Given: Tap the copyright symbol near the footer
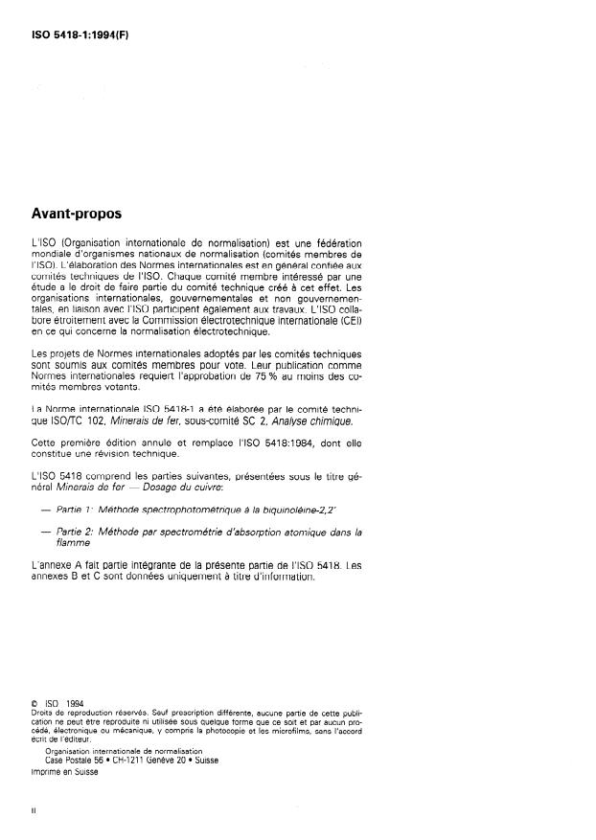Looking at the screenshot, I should [34, 704].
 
